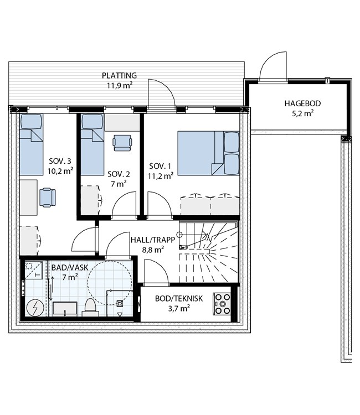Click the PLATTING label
[119, 76]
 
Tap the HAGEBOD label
[302, 103]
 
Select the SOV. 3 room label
[60, 161]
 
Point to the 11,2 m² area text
[161, 176]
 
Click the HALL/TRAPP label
[153, 240]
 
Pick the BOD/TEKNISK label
[179, 299]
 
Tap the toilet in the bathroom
[90, 307]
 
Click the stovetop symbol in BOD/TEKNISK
[222, 304]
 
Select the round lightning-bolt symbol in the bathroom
[35, 308]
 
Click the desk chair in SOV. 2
[122, 143]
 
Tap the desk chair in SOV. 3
[48, 198]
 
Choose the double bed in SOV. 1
[208, 153]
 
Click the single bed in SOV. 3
[31, 144]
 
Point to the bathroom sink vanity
[65, 309]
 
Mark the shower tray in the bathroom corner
[34, 270]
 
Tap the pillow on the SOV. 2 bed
[92, 122]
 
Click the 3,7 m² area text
[179, 308]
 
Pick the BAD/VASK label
[70, 268]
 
